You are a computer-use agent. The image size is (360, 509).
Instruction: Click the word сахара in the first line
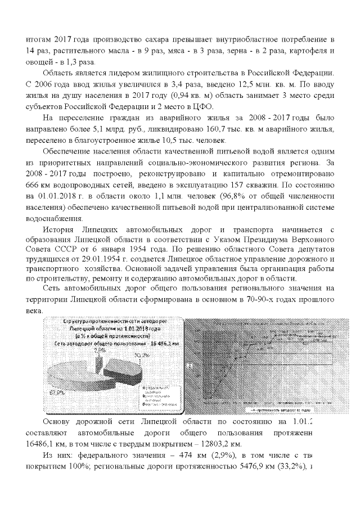click(151, 41)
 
